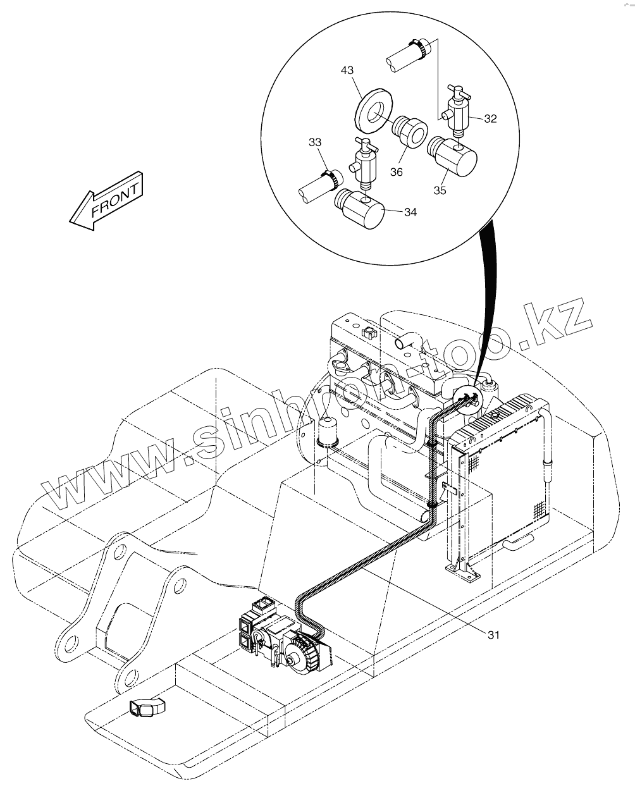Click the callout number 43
click(347, 70)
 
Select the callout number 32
click(490, 119)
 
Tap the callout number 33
click(315, 142)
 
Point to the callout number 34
click(410, 212)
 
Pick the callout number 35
click(440, 190)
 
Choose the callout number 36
click(397, 172)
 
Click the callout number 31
click(493, 635)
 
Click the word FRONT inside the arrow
click(115, 200)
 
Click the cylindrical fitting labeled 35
click(453, 156)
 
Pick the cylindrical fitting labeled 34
click(360, 209)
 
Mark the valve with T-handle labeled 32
click(457, 111)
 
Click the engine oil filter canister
click(328, 432)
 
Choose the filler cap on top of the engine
click(369, 333)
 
